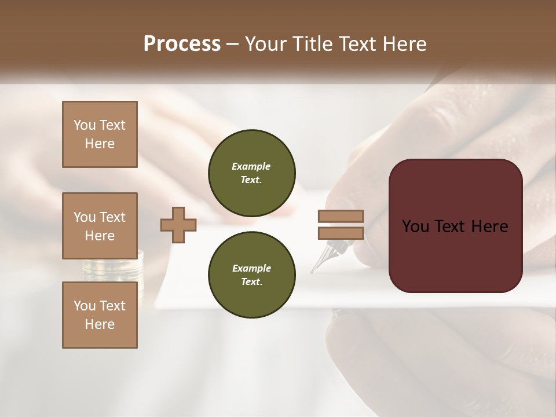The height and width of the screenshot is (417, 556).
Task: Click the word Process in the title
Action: click(182, 44)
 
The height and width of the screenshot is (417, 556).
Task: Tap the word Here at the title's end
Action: click(401, 44)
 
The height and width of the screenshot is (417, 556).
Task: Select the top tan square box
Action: click(100, 134)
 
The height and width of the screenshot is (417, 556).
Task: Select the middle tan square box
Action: click(100, 226)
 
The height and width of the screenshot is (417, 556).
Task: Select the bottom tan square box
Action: click(100, 315)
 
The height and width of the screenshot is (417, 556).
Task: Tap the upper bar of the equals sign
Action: click(341, 216)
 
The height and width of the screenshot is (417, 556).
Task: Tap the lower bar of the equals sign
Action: click(341, 233)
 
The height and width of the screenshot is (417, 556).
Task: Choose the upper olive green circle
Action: click(251, 173)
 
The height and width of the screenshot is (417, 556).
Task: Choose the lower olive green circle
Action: click(251, 275)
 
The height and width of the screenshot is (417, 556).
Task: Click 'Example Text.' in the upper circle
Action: click(251, 173)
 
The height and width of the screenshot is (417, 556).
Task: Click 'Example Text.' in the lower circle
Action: click(251, 275)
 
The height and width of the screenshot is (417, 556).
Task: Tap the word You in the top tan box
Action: click(84, 125)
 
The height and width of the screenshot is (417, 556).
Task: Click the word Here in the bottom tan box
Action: click(100, 324)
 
